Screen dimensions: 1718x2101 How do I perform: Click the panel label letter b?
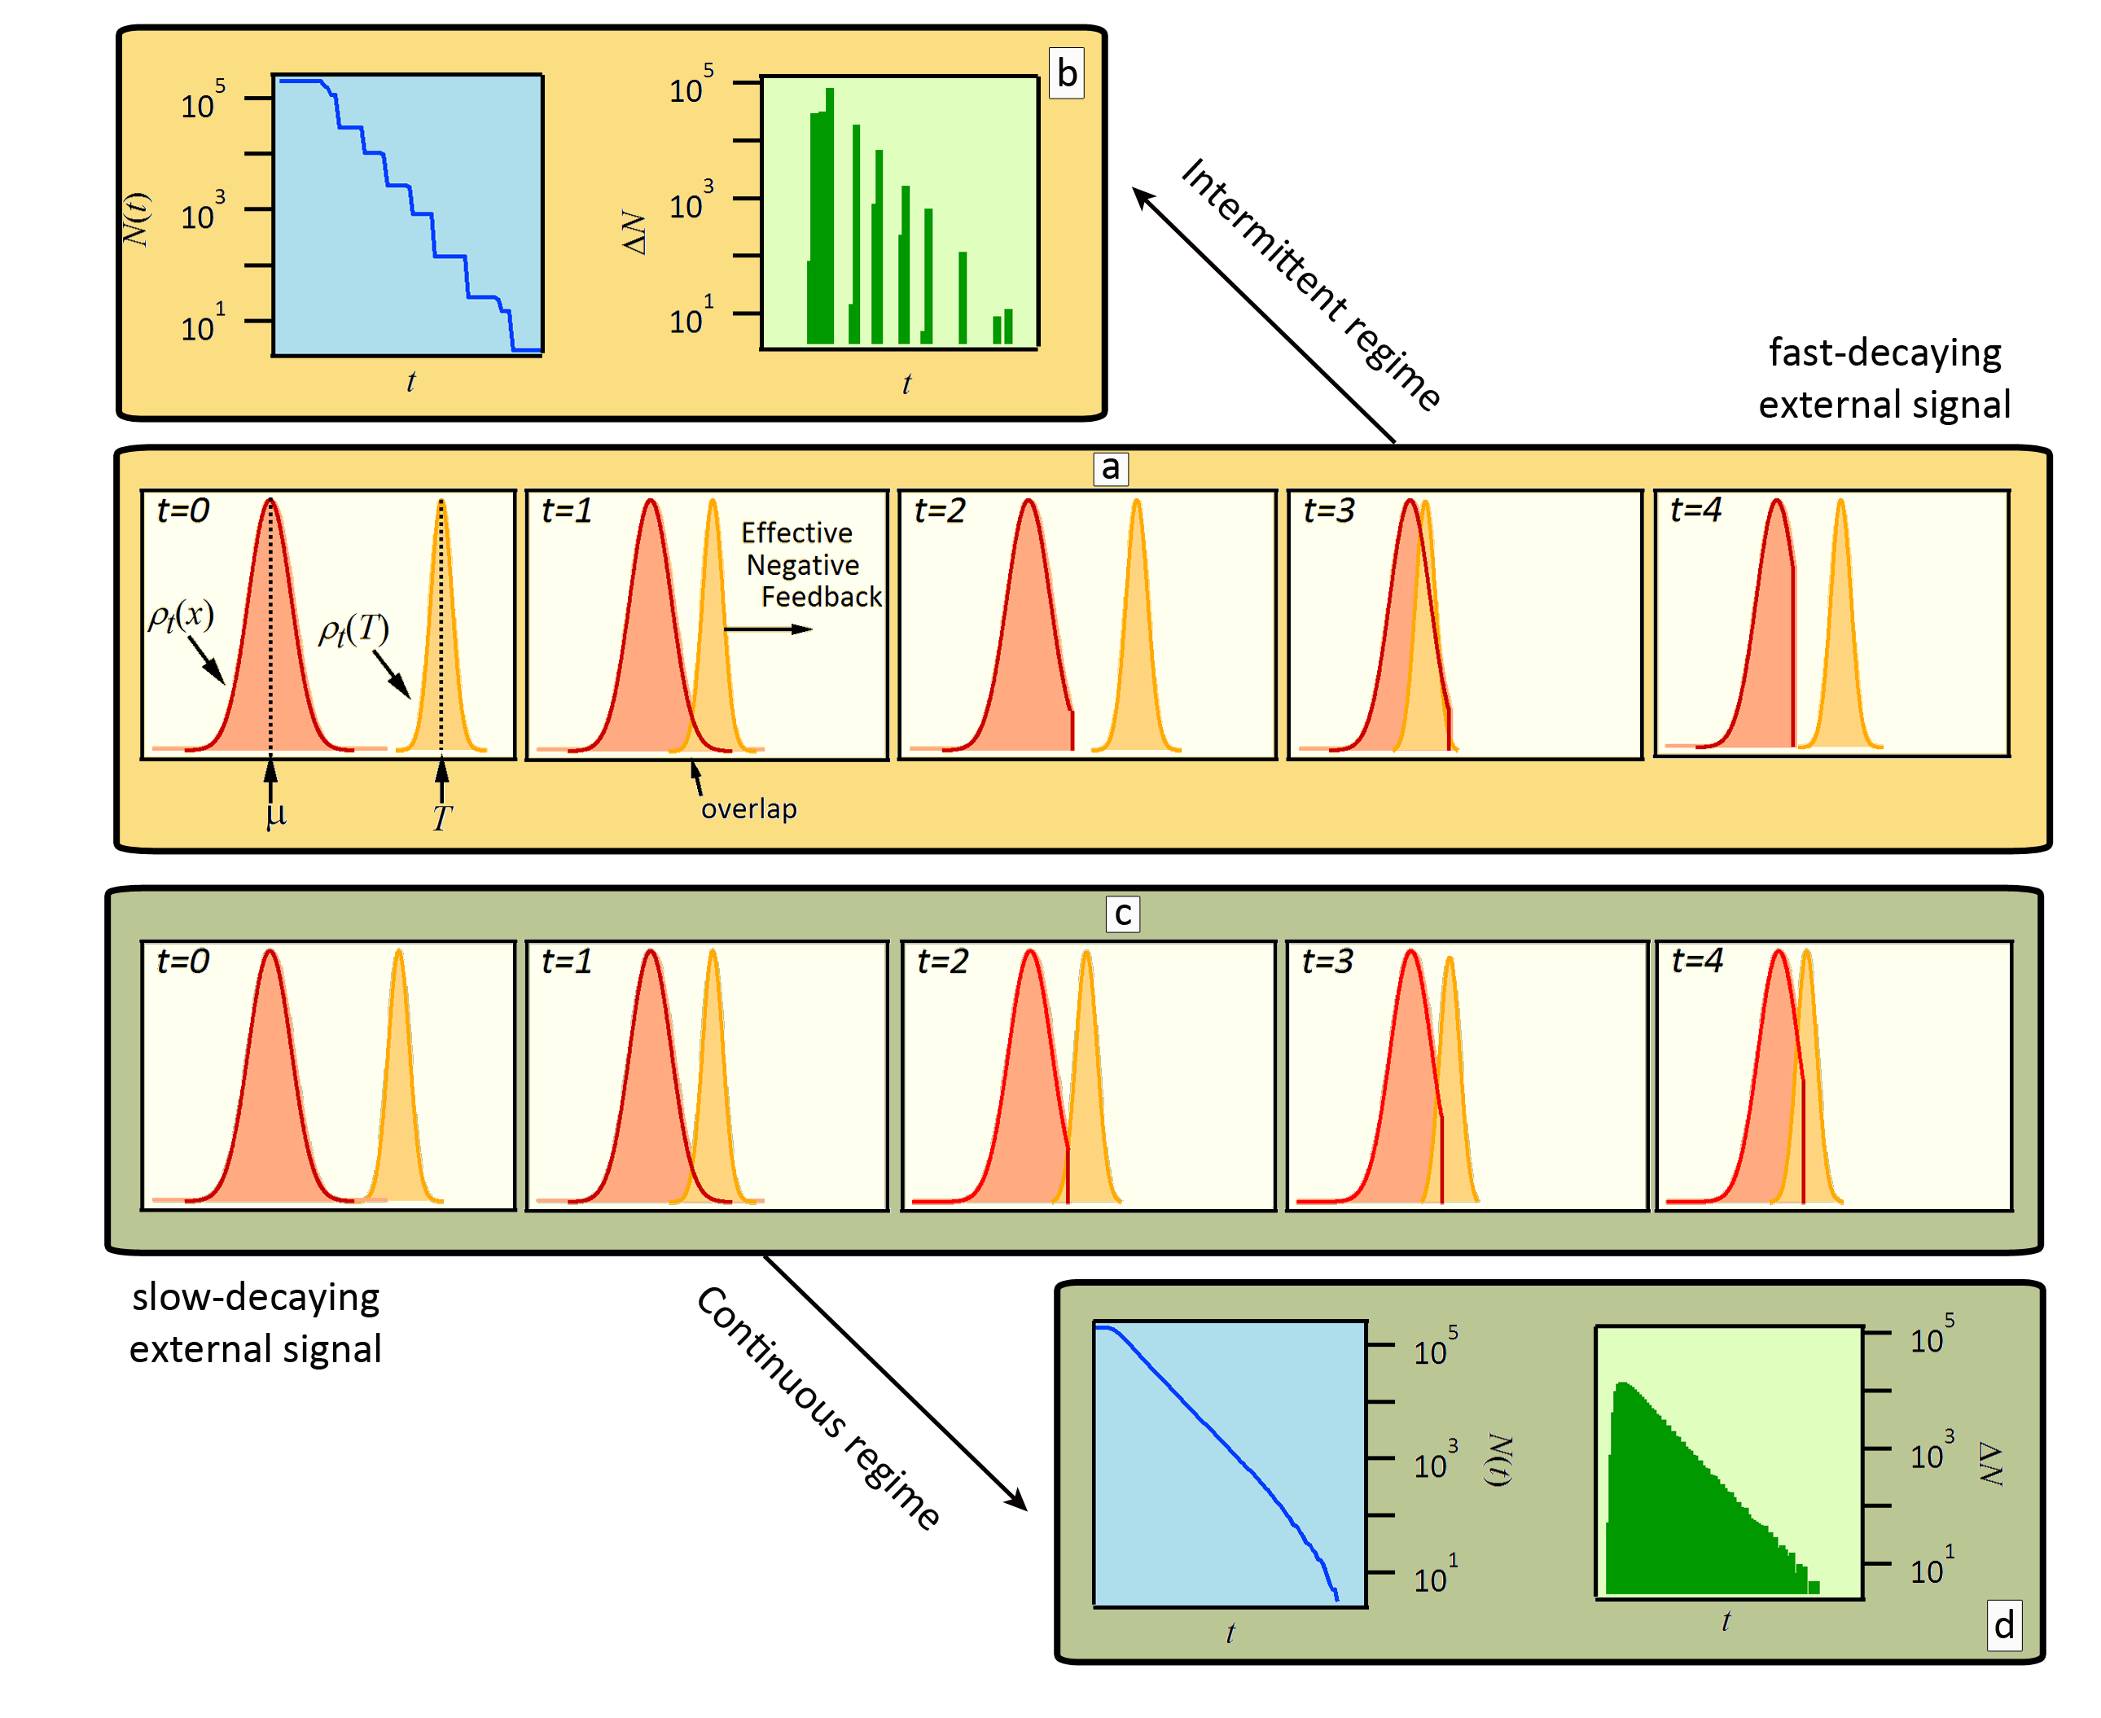coord(1066,74)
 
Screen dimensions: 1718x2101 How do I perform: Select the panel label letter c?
coord(1121,913)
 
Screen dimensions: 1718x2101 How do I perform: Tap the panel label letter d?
coord(2003,1625)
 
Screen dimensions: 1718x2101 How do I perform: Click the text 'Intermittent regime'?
coord(1310,284)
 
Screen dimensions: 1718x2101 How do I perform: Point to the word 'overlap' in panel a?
coord(748,809)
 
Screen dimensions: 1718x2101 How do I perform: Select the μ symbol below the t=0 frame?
coord(276,813)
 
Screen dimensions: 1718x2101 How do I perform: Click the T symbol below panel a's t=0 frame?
coord(441,817)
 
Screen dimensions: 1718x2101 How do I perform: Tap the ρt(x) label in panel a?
coord(181,616)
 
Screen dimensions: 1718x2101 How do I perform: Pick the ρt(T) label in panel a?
coord(353,629)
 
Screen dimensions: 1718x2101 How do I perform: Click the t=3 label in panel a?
coord(1328,511)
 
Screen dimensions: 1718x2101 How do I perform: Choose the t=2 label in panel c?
coord(941,961)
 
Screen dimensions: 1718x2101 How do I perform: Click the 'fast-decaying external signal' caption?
coord(1884,378)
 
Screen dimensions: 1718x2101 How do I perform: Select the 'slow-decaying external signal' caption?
coord(256,1322)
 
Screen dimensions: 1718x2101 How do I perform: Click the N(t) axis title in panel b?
coord(137,220)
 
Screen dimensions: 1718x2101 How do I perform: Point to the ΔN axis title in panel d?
coord(1990,1462)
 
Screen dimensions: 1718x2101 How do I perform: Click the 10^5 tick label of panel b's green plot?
coord(691,87)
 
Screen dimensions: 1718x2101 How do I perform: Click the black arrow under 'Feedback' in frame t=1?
coord(768,629)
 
